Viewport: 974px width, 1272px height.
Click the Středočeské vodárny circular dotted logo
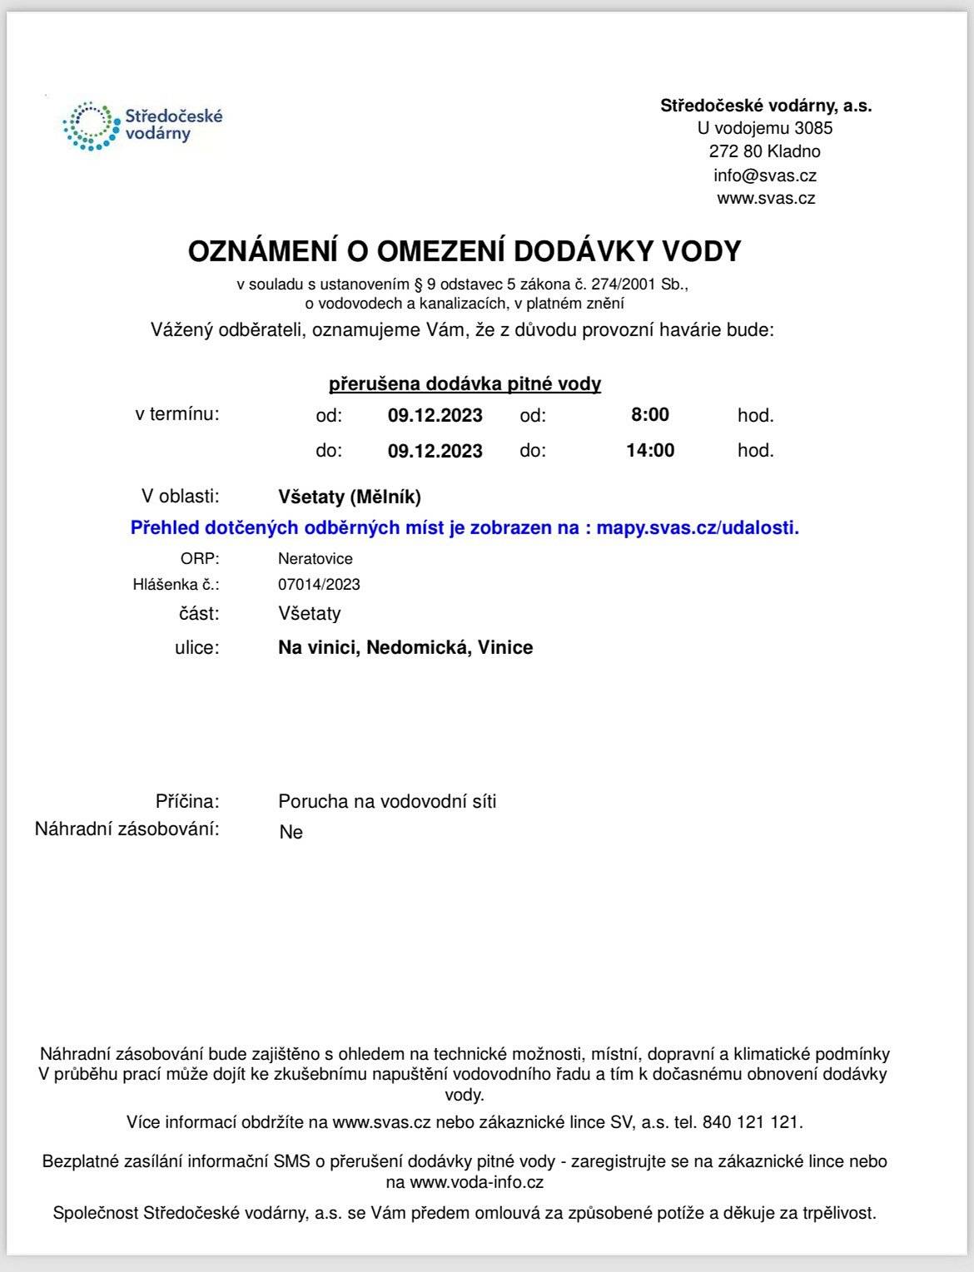(x=88, y=126)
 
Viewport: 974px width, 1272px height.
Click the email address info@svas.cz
(x=764, y=176)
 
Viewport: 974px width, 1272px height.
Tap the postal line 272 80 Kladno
(x=764, y=151)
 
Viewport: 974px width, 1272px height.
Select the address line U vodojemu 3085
(x=764, y=128)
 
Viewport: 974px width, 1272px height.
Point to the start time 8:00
(x=649, y=414)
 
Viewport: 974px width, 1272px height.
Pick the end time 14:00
(x=649, y=450)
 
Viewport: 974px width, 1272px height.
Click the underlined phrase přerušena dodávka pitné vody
(x=465, y=384)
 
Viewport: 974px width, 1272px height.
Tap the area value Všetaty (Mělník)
(x=349, y=497)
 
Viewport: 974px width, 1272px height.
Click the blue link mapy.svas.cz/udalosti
(x=698, y=527)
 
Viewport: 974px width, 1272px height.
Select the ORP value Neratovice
(x=315, y=558)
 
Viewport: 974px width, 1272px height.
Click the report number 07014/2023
(x=319, y=584)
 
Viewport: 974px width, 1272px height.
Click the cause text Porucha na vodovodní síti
(x=387, y=801)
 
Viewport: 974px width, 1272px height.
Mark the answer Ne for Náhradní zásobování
(x=291, y=832)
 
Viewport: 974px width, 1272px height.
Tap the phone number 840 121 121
(x=751, y=1121)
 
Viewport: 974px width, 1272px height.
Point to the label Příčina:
(x=187, y=801)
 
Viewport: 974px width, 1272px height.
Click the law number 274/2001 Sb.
(x=649, y=284)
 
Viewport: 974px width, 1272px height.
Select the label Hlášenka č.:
(x=176, y=584)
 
